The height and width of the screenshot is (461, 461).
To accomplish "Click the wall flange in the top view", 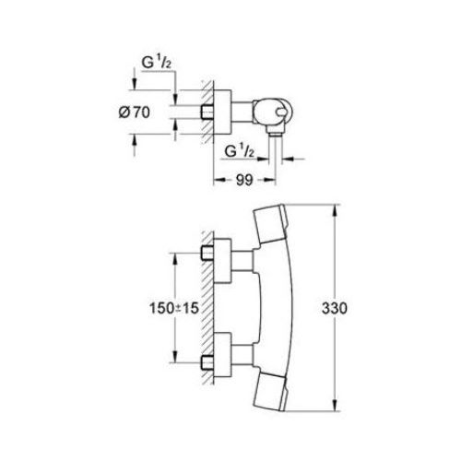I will (224, 113).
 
